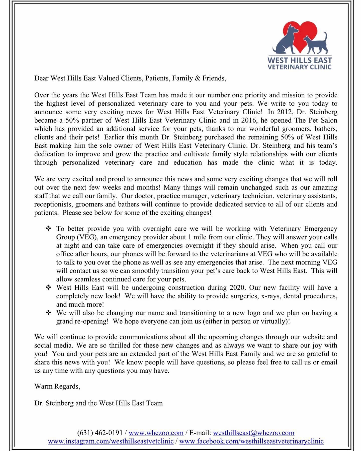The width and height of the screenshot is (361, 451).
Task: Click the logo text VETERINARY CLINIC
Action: (x=300, y=67)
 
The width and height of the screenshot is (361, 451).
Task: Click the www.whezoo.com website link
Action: (x=156, y=433)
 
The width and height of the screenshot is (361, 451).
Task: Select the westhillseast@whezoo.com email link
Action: (x=254, y=433)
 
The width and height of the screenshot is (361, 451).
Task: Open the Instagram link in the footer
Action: (x=111, y=441)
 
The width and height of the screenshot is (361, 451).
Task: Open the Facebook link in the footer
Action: (x=251, y=441)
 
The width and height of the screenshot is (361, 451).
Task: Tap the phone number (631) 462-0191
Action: (x=100, y=433)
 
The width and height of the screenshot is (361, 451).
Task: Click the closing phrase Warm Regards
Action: (x=57, y=386)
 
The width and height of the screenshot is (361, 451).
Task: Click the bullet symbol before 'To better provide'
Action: (x=48, y=229)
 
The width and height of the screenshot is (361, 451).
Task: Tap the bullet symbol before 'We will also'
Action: (x=48, y=313)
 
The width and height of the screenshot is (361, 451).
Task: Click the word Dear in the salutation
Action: (x=41, y=78)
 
